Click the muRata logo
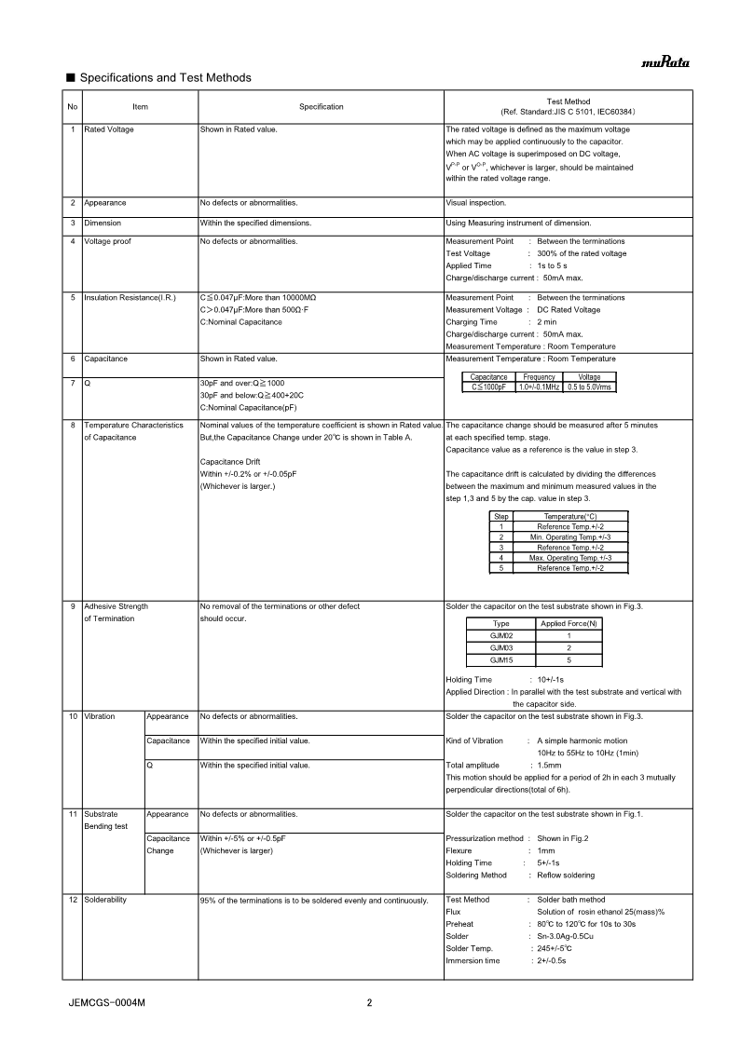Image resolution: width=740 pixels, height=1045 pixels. (x=664, y=63)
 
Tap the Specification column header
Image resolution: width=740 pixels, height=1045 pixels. (x=321, y=107)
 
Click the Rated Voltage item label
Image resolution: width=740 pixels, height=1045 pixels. (x=109, y=129)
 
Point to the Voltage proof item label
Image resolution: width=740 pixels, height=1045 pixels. (x=108, y=241)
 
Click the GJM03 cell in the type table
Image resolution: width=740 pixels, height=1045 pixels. (x=500, y=646)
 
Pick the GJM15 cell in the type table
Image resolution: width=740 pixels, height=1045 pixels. (x=500, y=659)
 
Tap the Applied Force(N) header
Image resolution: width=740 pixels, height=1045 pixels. (x=569, y=623)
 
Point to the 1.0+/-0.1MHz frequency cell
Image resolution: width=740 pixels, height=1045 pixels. (x=539, y=387)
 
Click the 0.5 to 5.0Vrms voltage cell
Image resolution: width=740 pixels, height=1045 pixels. (x=590, y=387)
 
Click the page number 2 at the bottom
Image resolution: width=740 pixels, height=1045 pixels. (x=370, y=1003)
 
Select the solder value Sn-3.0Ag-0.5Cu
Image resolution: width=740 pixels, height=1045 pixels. (x=570, y=936)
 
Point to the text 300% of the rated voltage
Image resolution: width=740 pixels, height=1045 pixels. (x=582, y=253)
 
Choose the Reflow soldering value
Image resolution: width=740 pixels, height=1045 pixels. (x=566, y=875)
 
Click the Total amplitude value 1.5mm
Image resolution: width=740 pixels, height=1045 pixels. (x=551, y=766)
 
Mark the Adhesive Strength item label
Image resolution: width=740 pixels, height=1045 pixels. (x=116, y=606)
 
